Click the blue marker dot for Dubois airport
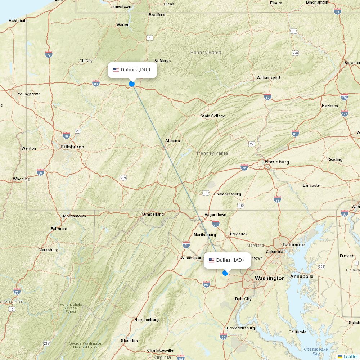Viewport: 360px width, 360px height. coord(132,84)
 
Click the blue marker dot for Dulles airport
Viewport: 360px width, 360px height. coord(225,273)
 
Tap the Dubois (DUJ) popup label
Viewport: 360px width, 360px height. coord(132,70)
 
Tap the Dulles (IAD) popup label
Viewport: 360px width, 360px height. coord(227,260)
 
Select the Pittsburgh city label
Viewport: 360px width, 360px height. coord(72,147)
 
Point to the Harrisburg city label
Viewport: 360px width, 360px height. coord(276,162)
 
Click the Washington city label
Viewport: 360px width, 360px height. coord(269,278)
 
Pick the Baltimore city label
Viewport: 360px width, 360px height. coord(293,245)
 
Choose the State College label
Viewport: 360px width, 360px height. coord(213,116)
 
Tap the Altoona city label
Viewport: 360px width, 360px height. coord(172,141)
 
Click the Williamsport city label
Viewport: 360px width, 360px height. coord(268,77)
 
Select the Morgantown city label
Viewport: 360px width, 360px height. coord(75,216)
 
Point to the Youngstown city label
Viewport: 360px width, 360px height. coord(29,94)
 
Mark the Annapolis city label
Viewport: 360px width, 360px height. coord(302,276)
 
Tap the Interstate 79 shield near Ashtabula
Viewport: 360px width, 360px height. coord(49,54)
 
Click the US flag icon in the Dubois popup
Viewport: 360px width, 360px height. coord(116,70)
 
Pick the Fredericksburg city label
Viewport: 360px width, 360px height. coord(241,328)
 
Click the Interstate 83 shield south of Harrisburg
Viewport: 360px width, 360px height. coord(277,199)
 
